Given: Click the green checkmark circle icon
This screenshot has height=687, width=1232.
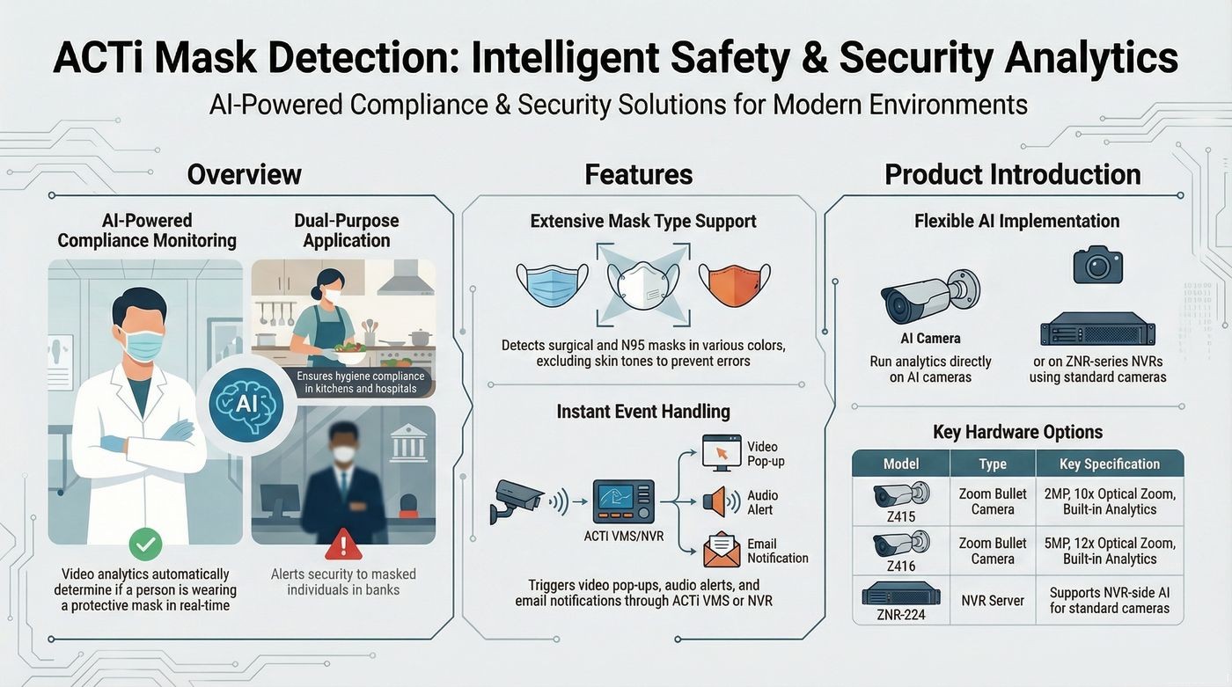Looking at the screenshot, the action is point(146,544).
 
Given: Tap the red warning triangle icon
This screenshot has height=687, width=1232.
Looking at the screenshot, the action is point(344,544).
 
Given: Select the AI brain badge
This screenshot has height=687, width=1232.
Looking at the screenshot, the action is point(246,405).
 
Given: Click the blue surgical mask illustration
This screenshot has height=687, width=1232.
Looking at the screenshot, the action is point(553,284).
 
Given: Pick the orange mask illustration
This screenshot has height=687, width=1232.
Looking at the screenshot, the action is point(735,284).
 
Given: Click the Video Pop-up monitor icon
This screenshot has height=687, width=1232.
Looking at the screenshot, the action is point(722,453).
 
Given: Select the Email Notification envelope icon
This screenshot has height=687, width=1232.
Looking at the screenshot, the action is point(722,550).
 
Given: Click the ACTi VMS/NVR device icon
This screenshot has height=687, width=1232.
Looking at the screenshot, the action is point(624,501).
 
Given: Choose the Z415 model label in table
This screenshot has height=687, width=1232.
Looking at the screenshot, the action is point(901,516).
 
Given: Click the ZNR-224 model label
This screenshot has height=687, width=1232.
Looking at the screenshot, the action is point(901,615).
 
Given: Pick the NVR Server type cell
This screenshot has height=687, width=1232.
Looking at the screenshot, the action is point(993,601).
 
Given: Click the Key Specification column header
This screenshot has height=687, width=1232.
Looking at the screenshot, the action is point(1110,464).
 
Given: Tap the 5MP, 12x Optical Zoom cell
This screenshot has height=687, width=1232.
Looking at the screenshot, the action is point(1110,551).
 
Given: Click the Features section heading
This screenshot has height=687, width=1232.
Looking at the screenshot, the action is point(639,174).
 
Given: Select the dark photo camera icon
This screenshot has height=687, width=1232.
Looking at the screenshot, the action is point(1098,265).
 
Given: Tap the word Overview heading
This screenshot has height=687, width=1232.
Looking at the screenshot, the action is point(245,174).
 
